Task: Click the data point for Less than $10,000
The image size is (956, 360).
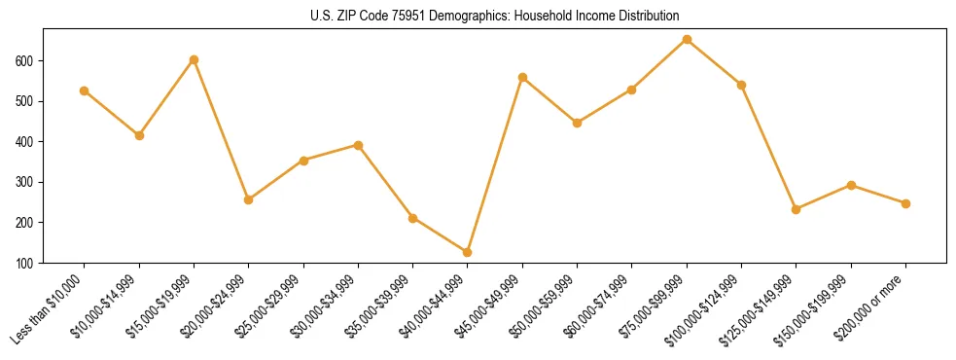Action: pyautogui.click(x=85, y=90)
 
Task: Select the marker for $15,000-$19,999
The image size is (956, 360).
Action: pyautogui.click(x=194, y=59)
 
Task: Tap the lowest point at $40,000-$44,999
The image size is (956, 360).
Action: pyautogui.click(x=468, y=252)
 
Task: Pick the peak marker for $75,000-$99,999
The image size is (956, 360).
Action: pyautogui.click(x=687, y=39)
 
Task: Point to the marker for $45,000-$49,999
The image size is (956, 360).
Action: pyautogui.click(x=522, y=77)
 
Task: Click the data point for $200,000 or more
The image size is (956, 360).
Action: pyautogui.click(x=905, y=203)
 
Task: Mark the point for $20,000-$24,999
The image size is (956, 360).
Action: pyautogui.click(x=249, y=199)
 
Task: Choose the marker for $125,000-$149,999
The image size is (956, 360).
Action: pyautogui.click(x=797, y=209)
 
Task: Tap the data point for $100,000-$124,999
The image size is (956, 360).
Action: pyautogui.click(x=741, y=85)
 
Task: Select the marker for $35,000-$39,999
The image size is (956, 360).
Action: pyautogui.click(x=413, y=218)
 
